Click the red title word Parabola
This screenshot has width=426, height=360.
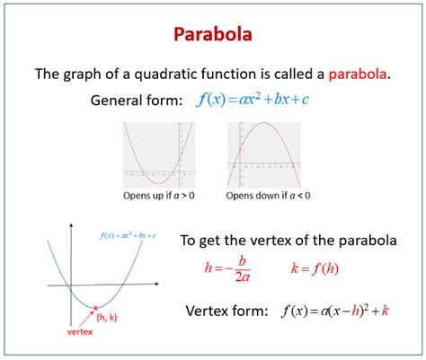click(x=213, y=36)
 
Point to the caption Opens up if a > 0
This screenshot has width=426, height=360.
click(x=162, y=195)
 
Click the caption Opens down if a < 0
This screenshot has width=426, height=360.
click(x=265, y=195)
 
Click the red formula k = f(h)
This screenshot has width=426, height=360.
click(x=315, y=268)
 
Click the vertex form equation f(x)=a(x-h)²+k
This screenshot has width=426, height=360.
click(x=334, y=312)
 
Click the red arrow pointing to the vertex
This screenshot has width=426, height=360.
click(x=87, y=317)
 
